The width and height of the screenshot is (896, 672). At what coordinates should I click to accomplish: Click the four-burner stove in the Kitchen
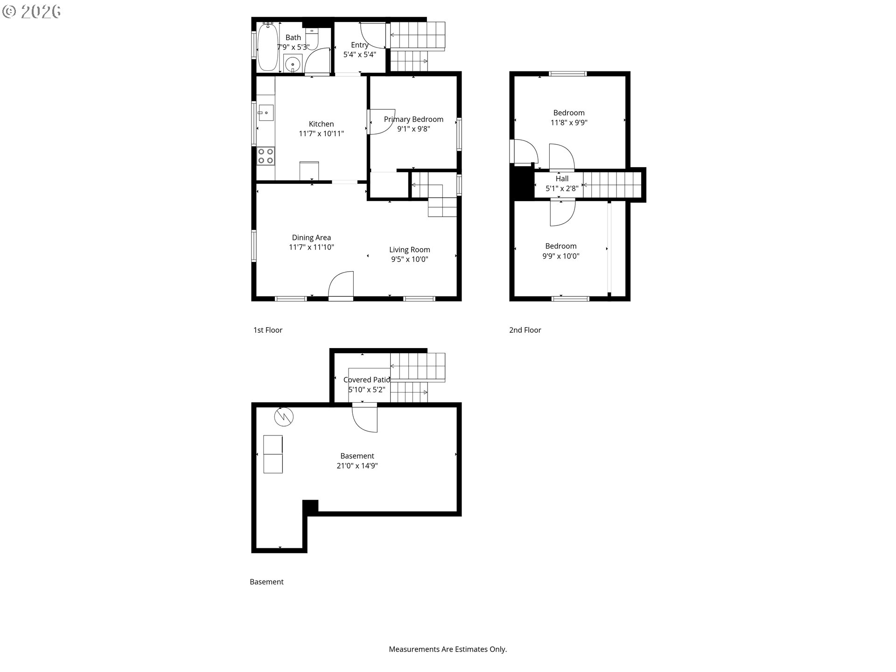pyautogui.click(x=266, y=156)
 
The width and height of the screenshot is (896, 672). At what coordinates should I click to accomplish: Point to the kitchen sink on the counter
pyautogui.click(x=266, y=112)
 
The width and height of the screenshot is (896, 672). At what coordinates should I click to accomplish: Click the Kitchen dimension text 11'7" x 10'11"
pyautogui.click(x=322, y=134)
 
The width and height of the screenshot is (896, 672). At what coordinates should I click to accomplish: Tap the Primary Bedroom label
pyautogui.click(x=413, y=119)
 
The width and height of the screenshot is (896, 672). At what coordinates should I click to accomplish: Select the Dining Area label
pyautogui.click(x=311, y=238)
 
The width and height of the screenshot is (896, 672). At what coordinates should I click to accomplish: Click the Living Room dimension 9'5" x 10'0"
pyautogui.click(x=410, y=259)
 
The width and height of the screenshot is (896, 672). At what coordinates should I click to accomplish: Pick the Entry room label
pyautogui.click(x=360, y=45)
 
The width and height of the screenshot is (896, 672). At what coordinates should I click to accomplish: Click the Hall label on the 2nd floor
pyautogui.click(x=562, y=179)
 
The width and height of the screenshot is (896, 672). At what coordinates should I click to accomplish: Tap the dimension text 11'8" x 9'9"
pyautogui.click(x=569, y=123)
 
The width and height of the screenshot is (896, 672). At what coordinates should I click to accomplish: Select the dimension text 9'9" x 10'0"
pyautogui.click(x=561, y=256)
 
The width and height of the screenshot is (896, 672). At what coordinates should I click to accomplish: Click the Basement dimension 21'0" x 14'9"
pyautogui.click(x=357, y=466)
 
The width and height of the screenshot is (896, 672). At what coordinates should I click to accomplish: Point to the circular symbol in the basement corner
pyautogui.click(x=284, y=417)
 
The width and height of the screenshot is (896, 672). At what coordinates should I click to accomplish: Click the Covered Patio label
pyautogui.click(x=367, y=380)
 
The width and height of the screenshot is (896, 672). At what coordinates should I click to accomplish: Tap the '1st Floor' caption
pyautogui.click(x=268, y=330)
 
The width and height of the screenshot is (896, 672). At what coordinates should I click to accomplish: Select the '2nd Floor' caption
pyautogui.click(x=525, y=330)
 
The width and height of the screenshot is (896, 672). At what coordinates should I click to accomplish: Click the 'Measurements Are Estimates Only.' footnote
pyautogui.click(x=448, y=649)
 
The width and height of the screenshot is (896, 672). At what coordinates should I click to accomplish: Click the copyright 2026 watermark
pyautogui.click(x=32, y=12)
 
